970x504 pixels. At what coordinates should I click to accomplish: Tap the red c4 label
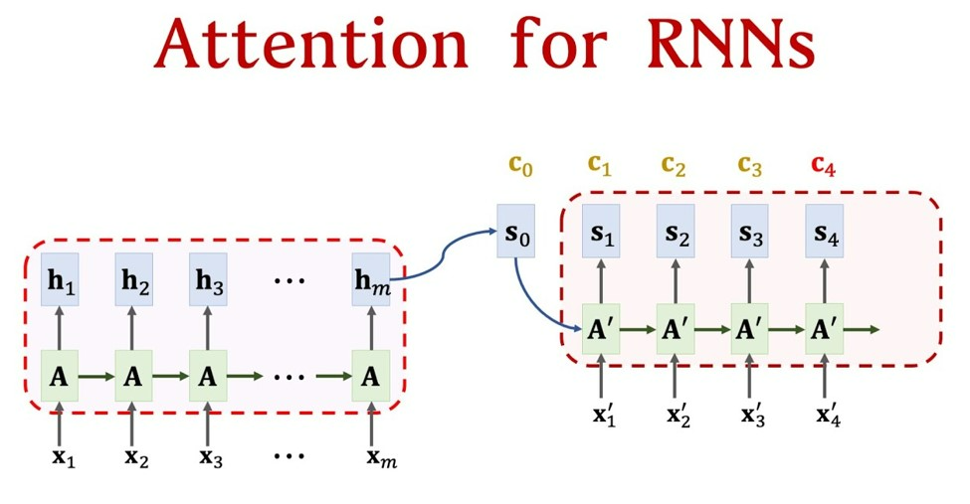824,166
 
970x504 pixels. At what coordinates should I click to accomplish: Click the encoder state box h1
59,280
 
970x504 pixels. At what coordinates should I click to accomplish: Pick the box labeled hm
371,280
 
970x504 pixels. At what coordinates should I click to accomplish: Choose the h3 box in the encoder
208,280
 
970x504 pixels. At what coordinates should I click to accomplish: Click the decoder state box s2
676,236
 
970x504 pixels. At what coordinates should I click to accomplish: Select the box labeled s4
824,236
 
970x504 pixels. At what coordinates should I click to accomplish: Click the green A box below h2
133,377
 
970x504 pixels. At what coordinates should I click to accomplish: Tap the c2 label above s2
676,166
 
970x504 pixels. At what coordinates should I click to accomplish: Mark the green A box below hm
371,377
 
